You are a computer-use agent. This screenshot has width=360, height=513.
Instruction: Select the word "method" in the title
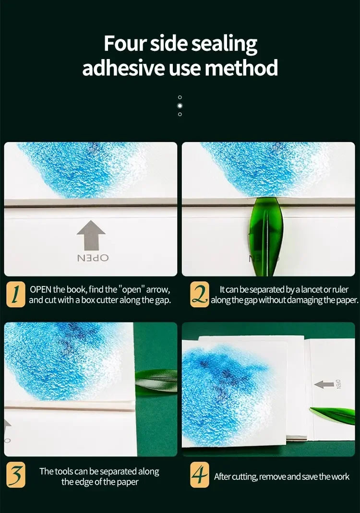tap(241, 68)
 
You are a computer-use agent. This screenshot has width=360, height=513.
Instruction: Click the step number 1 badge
tap(15, 295)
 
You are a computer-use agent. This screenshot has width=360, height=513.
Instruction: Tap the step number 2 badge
tap(199, 295)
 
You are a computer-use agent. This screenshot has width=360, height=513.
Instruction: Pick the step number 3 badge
tap(15, 476)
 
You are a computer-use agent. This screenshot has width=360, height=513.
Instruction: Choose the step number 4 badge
tap(199, 476)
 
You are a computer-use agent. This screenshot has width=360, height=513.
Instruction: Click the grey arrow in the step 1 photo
tap(91, 235)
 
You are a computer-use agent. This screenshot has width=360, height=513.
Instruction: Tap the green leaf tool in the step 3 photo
tap(156, 379)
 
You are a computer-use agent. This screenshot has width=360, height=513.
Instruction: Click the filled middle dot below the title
tap(180, 105)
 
